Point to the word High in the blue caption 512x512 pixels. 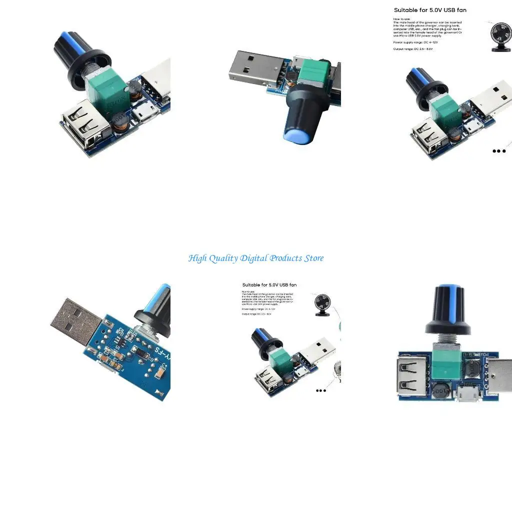pyautogui.click(x=196, y=258)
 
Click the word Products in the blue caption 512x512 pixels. pyautogui.click(x=285, y=258)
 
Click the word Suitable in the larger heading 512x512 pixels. pyautogui.click(x=407, y=10)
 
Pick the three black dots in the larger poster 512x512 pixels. pyautogui.click(x=499, y=151)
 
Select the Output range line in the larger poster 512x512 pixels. pyautogui.click(x=413, y=49)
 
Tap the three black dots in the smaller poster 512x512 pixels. pyautogui.click(x=321, y=390)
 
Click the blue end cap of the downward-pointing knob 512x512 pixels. pyautogui.click(x=295, y=135)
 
